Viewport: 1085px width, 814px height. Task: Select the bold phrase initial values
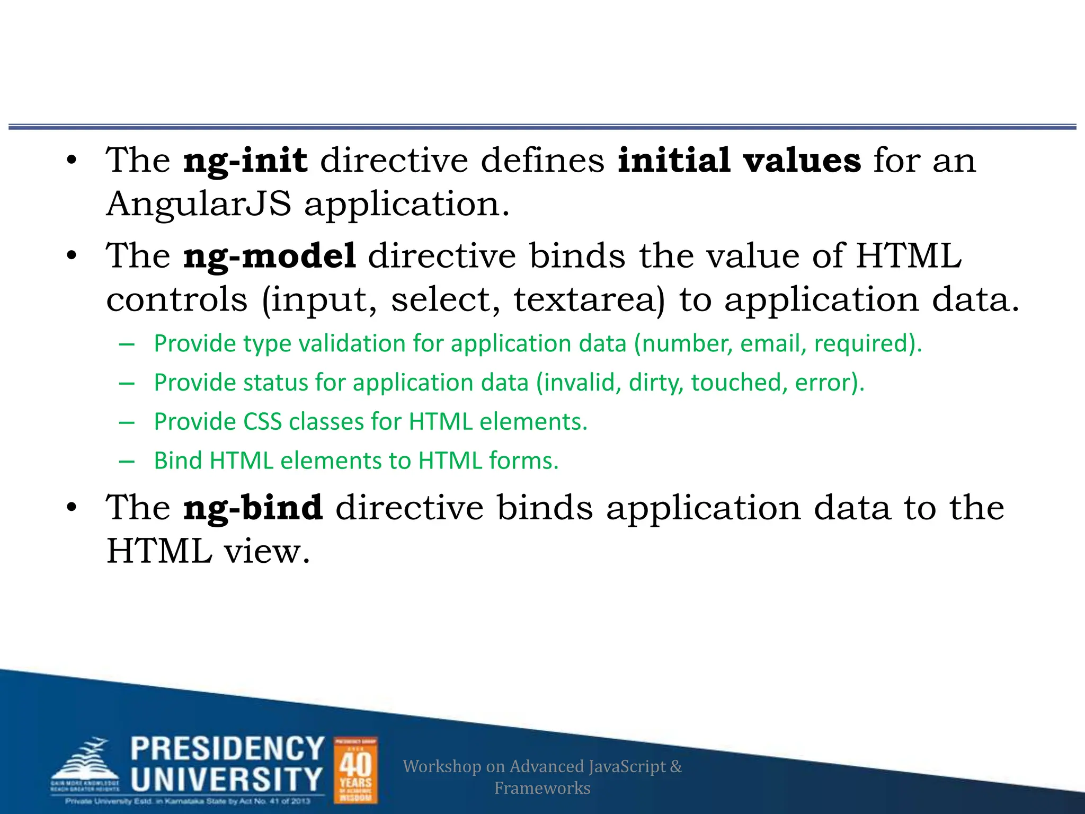coord(739,160)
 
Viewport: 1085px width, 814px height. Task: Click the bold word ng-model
coord(269,256)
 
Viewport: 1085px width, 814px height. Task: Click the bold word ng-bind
coord(253,508)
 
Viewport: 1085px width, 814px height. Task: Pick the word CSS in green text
coord(262,422)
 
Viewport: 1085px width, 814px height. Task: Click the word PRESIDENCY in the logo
coord(227,749)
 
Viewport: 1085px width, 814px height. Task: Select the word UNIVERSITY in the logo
coord(226,780)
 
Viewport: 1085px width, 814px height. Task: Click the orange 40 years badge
coord(355,770)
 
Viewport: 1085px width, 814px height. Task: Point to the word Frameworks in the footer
coord(542,788)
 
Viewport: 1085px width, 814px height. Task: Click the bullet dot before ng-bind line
coord(72,508)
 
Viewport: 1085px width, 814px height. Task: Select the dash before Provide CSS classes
coord(127,422)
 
